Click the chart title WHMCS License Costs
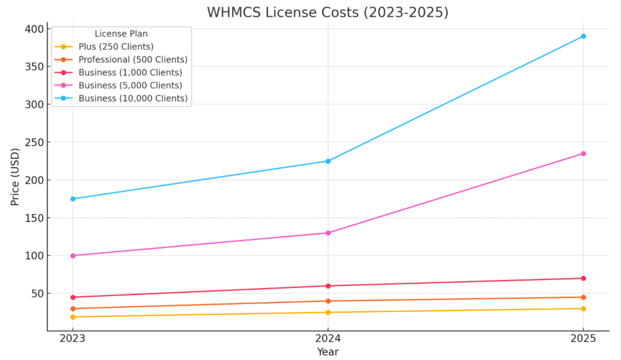[x=327, y=12]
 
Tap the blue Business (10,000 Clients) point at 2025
[x=583, y=36]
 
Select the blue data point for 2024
[x=328, y=161]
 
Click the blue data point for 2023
[x=73, y=199]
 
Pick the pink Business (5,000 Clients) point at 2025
[x=583, y=153]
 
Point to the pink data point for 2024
[x=328, y=233]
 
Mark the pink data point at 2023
[x=73, y=256]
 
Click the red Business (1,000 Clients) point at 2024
[x=328, y=286]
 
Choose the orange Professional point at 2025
[x=583, y=297]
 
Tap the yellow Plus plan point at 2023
[x=73, y=317]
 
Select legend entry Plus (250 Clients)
[x=116, y=47]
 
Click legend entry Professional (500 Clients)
[x=133, y=59]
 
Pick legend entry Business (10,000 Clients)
[x=133, y=98]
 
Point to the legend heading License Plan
[x=121, y=34]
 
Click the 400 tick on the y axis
[x=34, y=29]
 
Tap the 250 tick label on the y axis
[x=34, y=142]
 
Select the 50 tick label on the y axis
[x=36, y=293]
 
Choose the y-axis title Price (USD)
[x=16, y=176]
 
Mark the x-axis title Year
[x=327, y=352]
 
